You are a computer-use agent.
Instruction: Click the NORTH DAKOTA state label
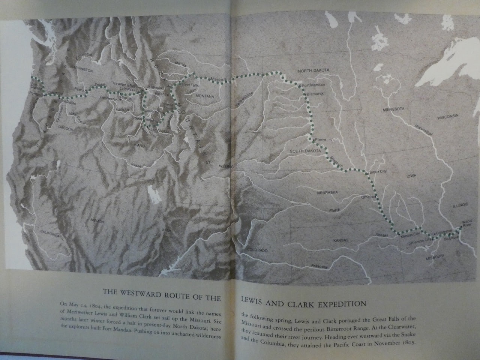(313, 70)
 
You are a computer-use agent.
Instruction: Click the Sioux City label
(378, 171)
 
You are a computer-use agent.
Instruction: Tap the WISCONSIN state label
(448, 117)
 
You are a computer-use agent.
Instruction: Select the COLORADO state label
(257, 250)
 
